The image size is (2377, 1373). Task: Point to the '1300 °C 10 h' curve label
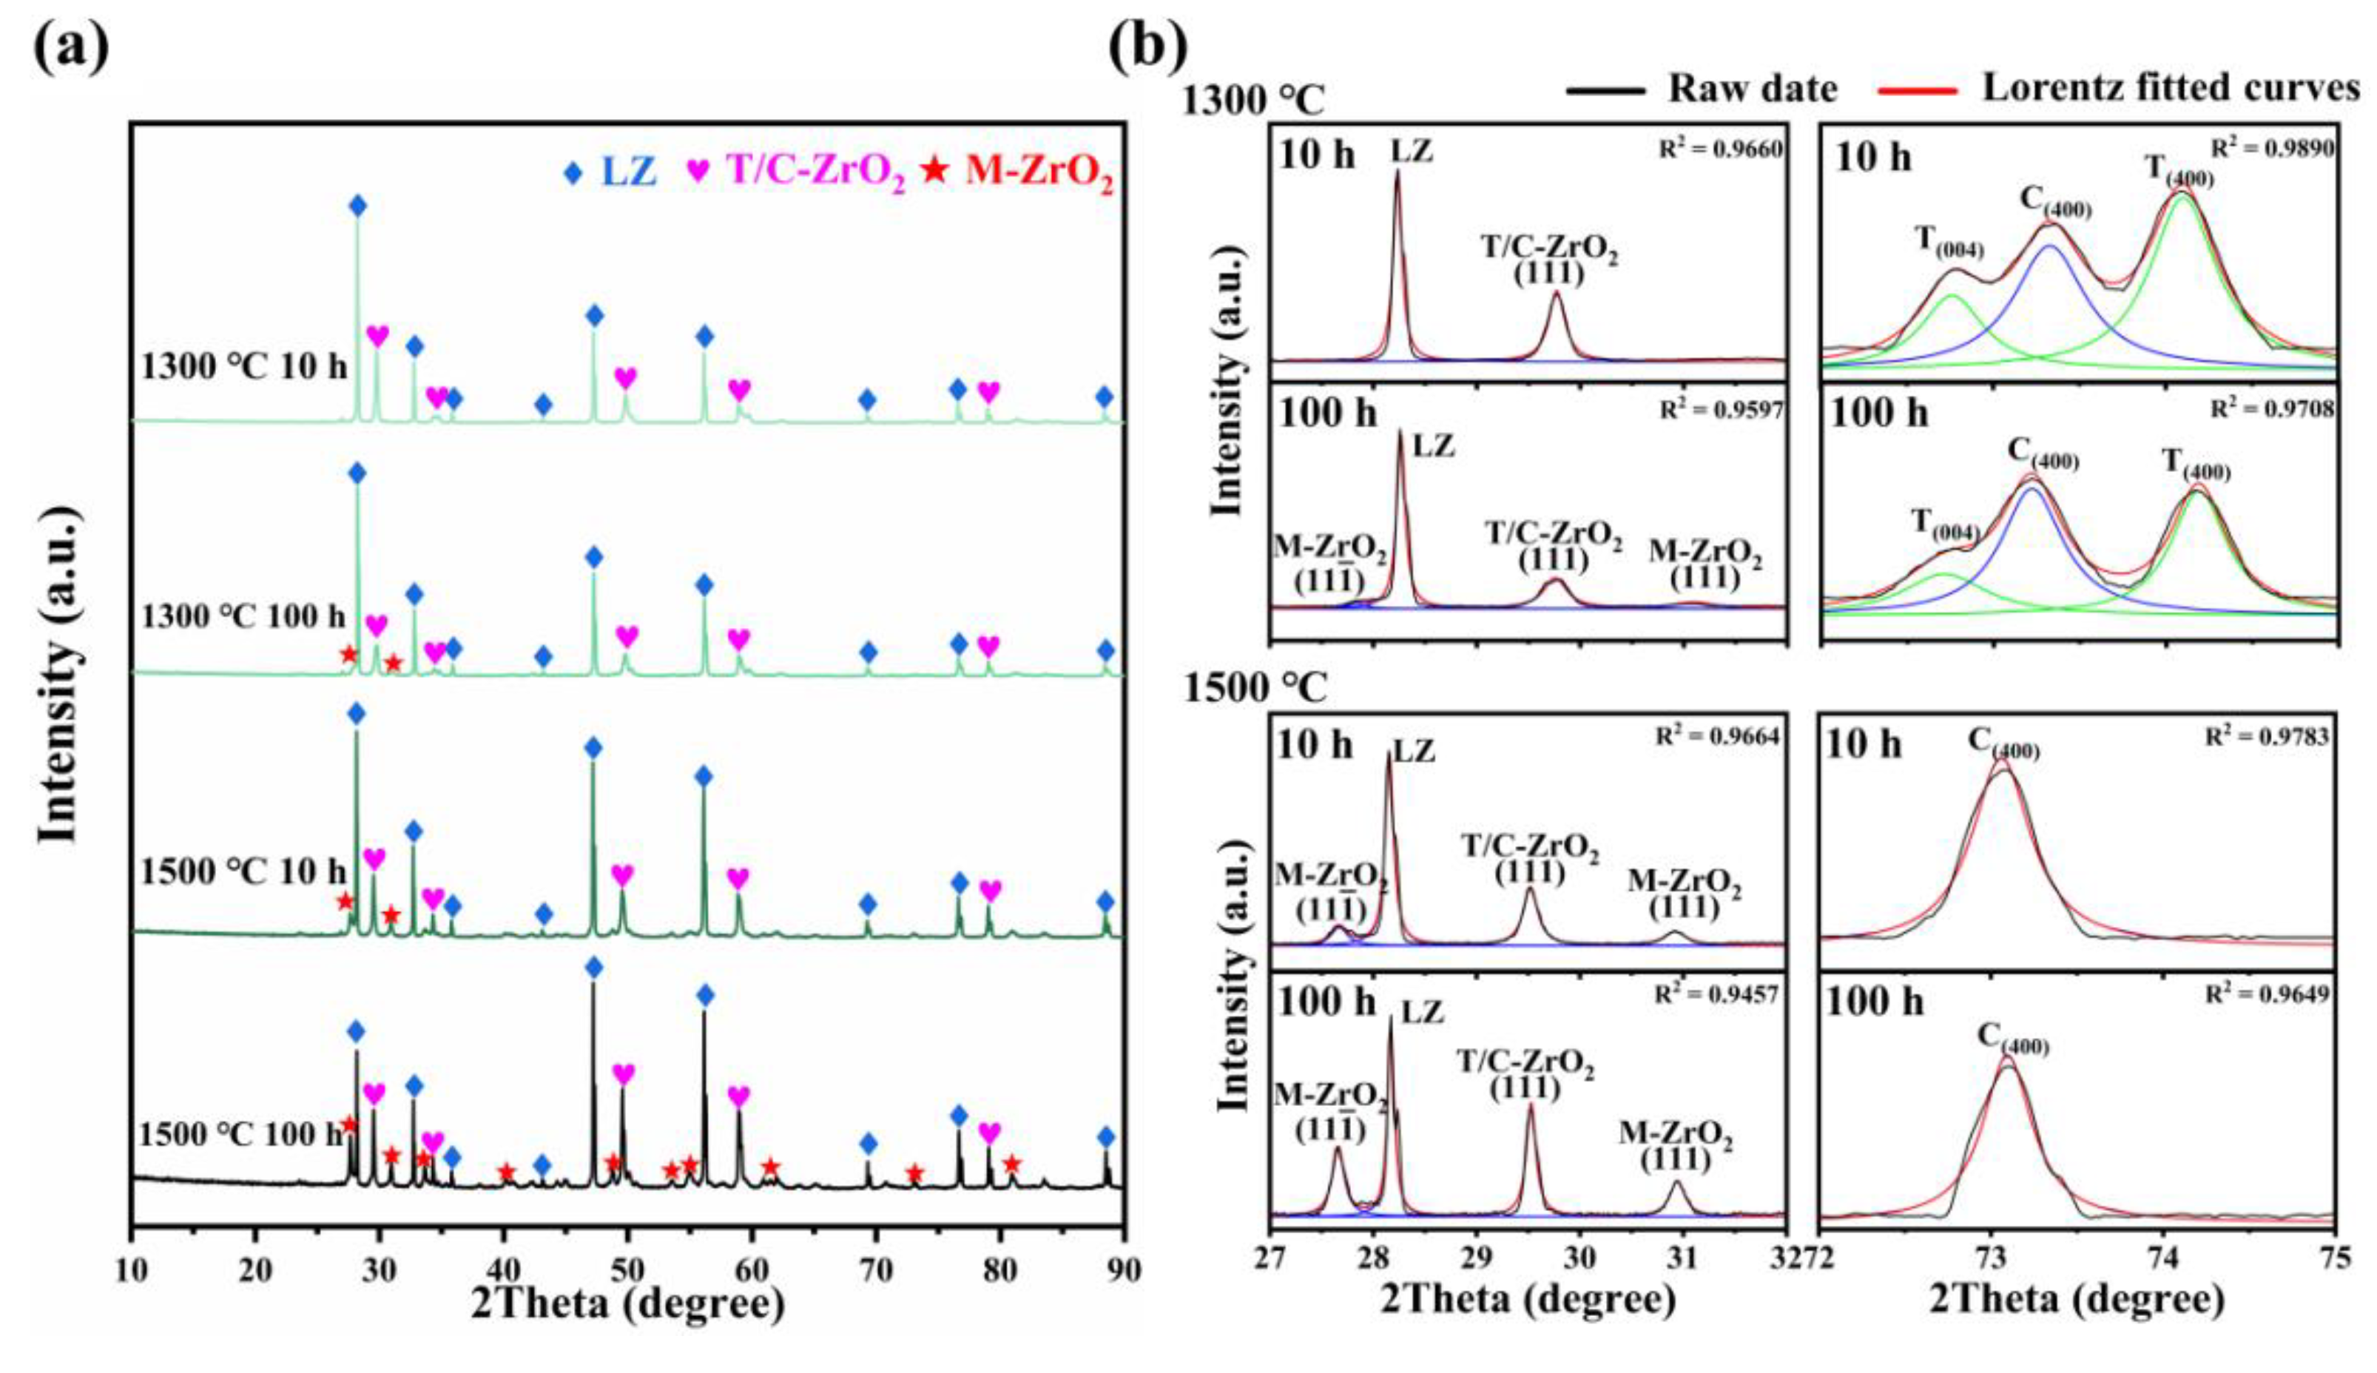(x=244, y=366)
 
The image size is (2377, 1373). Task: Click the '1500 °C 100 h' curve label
(x=240, y=1133)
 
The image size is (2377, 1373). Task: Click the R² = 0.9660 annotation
(x=1721, y=149)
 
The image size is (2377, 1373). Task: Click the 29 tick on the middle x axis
(x=1477, y=1259)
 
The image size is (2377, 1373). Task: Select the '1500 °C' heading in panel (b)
(x=1254, y=689)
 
